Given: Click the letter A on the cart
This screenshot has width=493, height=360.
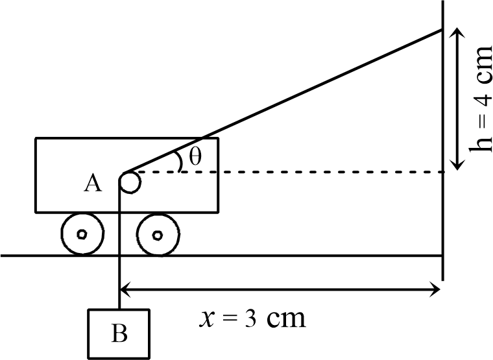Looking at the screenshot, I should tap(92, 184).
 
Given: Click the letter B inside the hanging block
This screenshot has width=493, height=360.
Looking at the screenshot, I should tap(119, 333).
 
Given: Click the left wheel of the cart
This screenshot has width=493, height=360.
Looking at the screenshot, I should tap(82, 234).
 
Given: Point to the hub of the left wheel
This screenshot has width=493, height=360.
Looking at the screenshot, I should tap(82, 234).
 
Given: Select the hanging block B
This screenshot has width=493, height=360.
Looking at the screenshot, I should tap(119, 333).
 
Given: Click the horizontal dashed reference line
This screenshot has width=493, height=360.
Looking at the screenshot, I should tap(292, 173).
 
